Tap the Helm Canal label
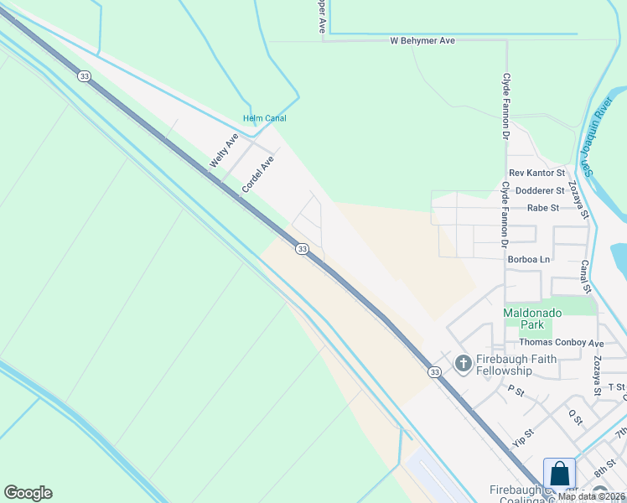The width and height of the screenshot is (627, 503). click(x=265, y=118)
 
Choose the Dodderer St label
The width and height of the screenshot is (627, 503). click(x=540, y=191)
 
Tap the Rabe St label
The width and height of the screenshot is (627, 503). click(x=543, y=208)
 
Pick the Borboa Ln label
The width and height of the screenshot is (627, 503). click(x=529, y=260)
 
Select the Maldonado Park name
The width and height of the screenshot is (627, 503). click(x=534, y=319)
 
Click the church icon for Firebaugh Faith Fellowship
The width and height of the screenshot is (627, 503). click(x=462, y=364)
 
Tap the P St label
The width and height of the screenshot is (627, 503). click(x=516, y=391)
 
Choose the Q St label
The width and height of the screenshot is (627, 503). click(x=575, y=417)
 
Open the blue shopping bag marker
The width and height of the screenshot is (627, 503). click(x=559, y=474)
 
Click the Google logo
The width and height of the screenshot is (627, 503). click(x=28, y=493)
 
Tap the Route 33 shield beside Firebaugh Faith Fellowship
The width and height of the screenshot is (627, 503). click(x=433, y=372)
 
